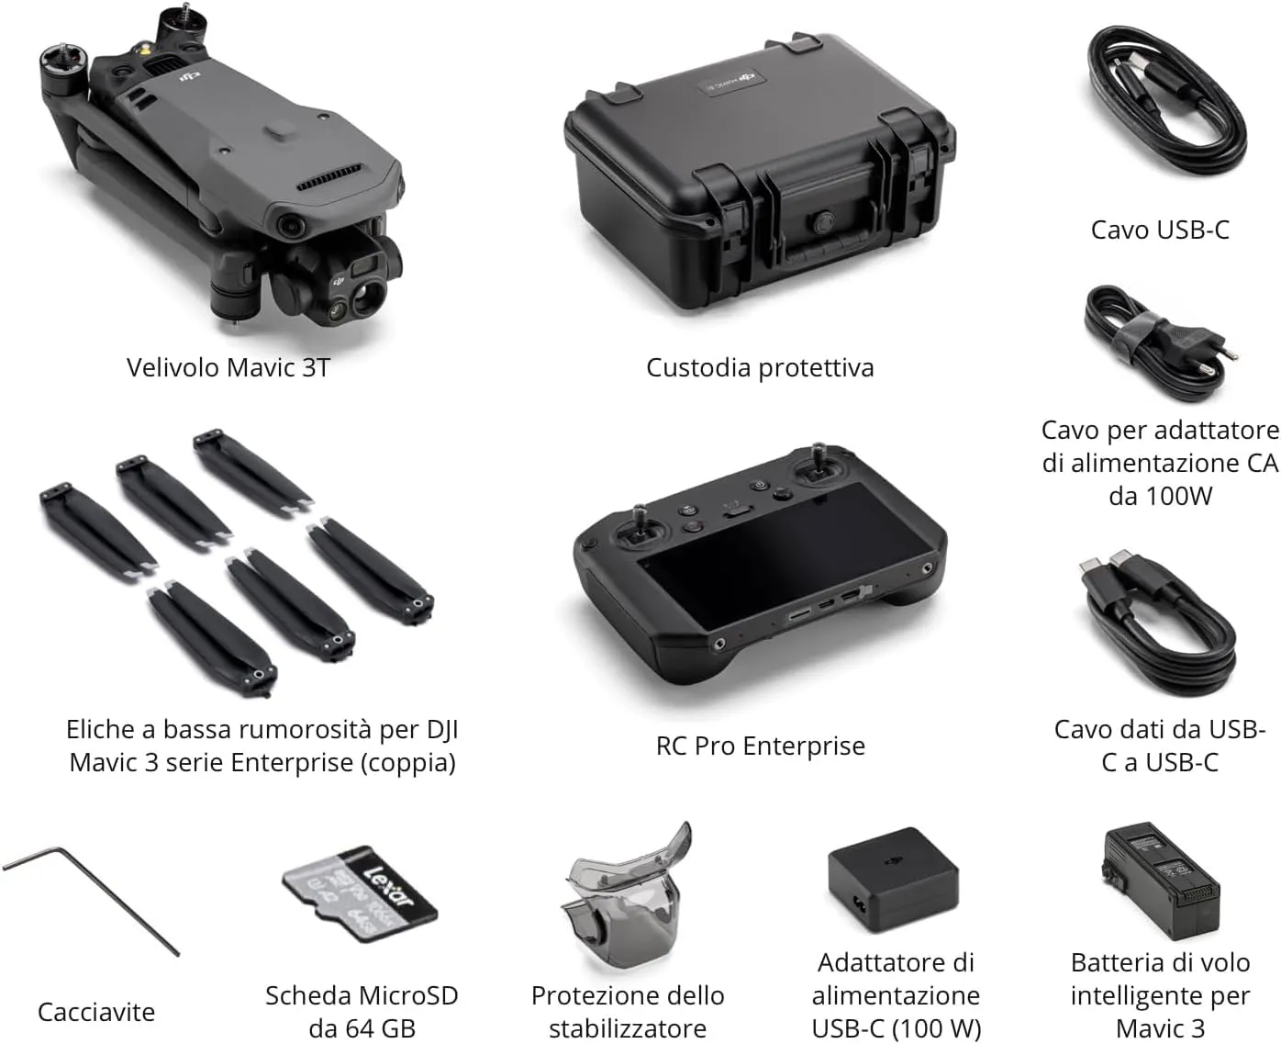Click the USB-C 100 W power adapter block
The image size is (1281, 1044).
point(892,881)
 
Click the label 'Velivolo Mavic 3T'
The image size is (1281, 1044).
point(228,368)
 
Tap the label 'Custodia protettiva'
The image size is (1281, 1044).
point(760,368)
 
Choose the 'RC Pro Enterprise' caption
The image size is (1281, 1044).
point(760,746)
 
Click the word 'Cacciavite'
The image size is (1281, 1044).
point(96,1012)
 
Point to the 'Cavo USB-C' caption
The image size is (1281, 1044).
point(1160,230)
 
